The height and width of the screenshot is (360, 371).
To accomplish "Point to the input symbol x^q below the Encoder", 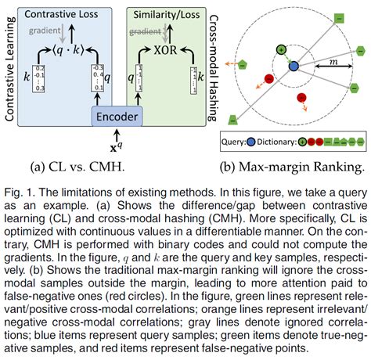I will [118, 146].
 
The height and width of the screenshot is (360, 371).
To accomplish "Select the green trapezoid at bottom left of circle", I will [233, 119].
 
